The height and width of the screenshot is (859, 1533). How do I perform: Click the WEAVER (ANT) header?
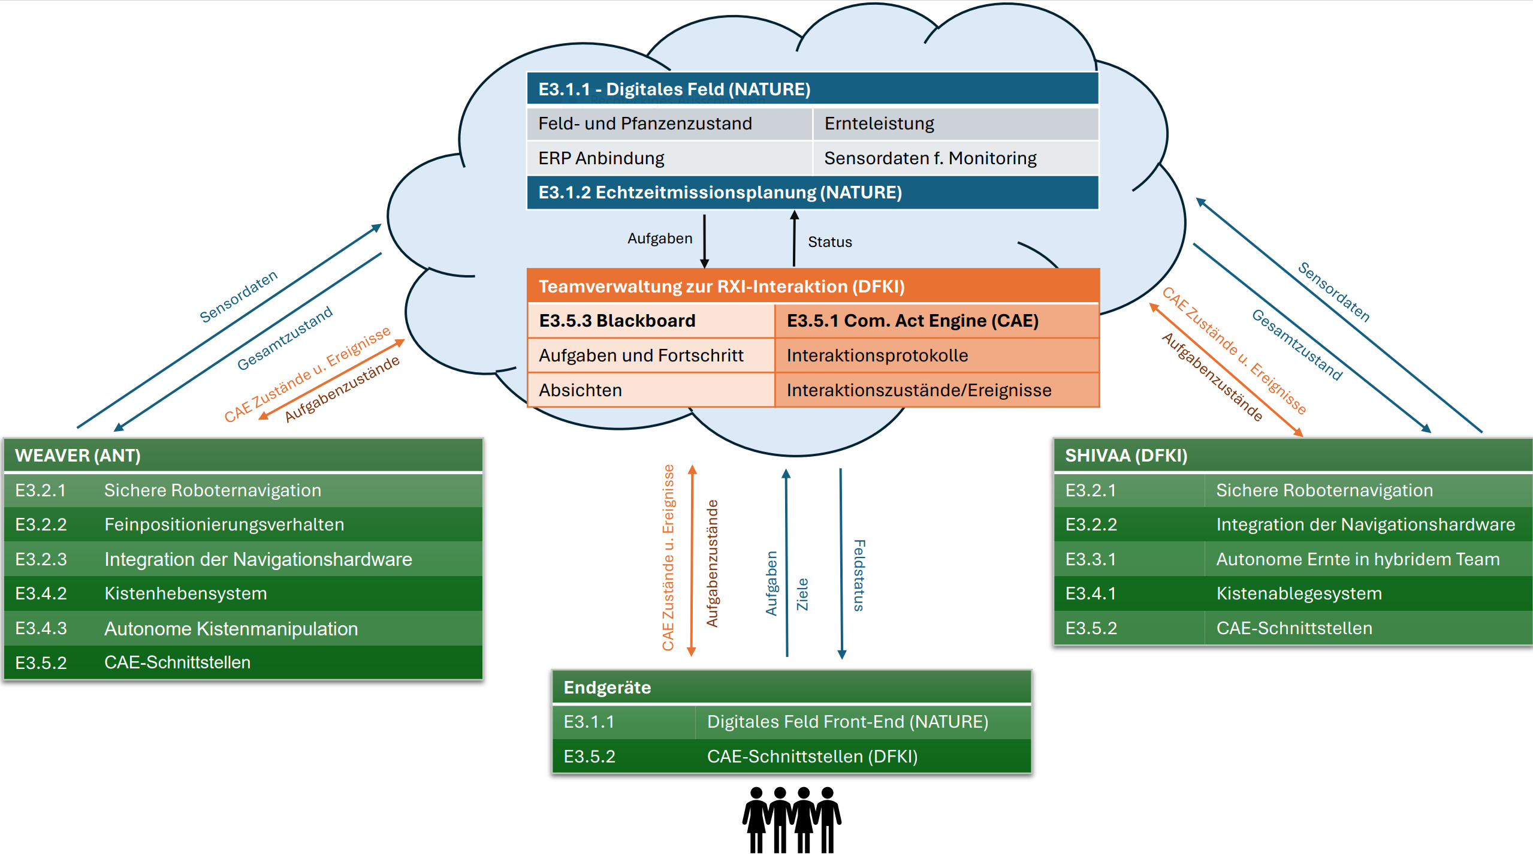[78, 456]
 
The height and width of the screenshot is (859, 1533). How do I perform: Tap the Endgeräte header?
[607, 687]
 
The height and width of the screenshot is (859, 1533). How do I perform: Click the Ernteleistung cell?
[879, 123]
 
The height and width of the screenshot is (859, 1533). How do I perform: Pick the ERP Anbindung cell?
[601, 158]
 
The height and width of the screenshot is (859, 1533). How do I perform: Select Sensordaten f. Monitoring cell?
[930, 158]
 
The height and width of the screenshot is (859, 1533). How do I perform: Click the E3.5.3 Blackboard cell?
[617, 321]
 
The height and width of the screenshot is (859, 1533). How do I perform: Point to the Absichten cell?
[580, 390]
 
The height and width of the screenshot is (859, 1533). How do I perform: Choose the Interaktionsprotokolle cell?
[877, 355]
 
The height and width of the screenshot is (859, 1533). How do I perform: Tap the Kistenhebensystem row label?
[186, 593]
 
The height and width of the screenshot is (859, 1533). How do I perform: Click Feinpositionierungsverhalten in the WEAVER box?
[224, 525]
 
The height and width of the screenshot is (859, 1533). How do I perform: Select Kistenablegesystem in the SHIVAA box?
[1299, 593]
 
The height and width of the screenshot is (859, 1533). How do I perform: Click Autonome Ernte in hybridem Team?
[1357, 559]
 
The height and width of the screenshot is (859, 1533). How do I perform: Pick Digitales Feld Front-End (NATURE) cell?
[847, 722]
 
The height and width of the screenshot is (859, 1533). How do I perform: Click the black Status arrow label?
[829, 242]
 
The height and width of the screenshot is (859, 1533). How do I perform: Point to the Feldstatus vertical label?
[859, 575]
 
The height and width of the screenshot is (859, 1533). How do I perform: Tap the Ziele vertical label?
[802, 594]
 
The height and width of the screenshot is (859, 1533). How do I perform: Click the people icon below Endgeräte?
[792, 820]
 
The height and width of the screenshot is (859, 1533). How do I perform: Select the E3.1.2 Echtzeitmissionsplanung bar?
[719, 192]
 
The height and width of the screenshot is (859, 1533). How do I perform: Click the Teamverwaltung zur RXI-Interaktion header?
[721, 287]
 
